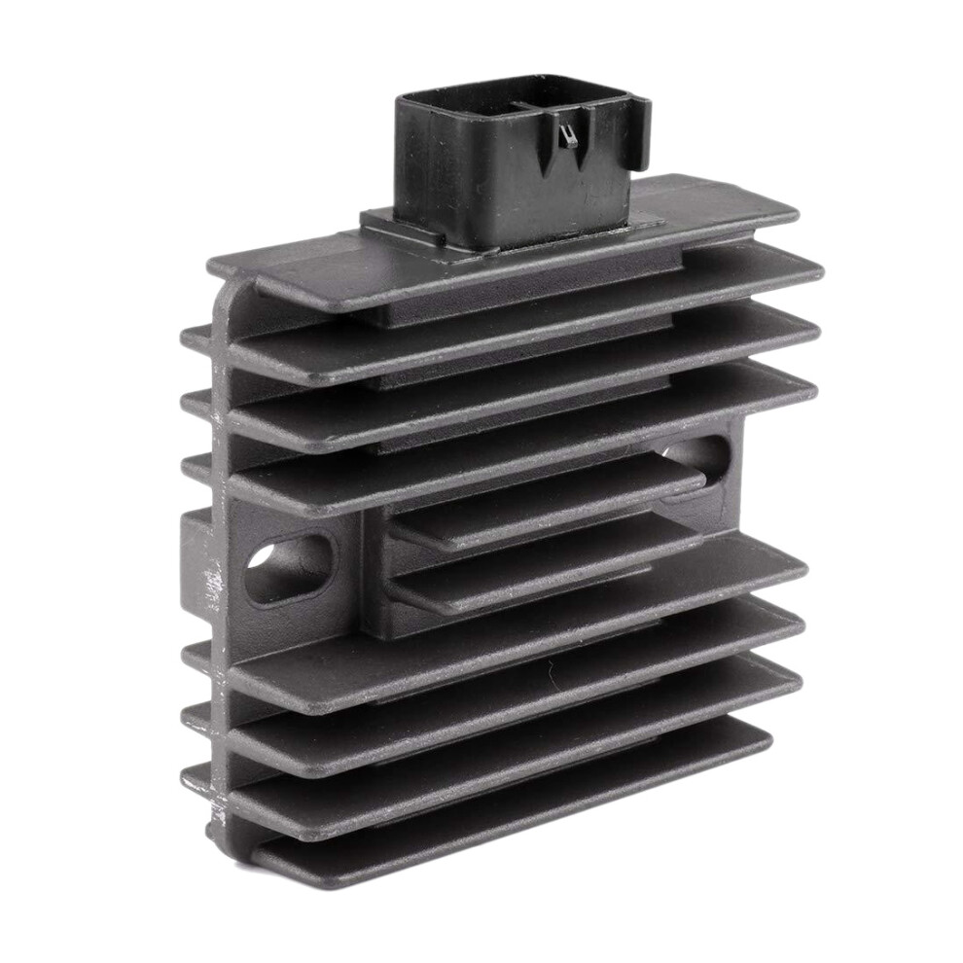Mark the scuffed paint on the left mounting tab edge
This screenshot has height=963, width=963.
click(x=210, y=584)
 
